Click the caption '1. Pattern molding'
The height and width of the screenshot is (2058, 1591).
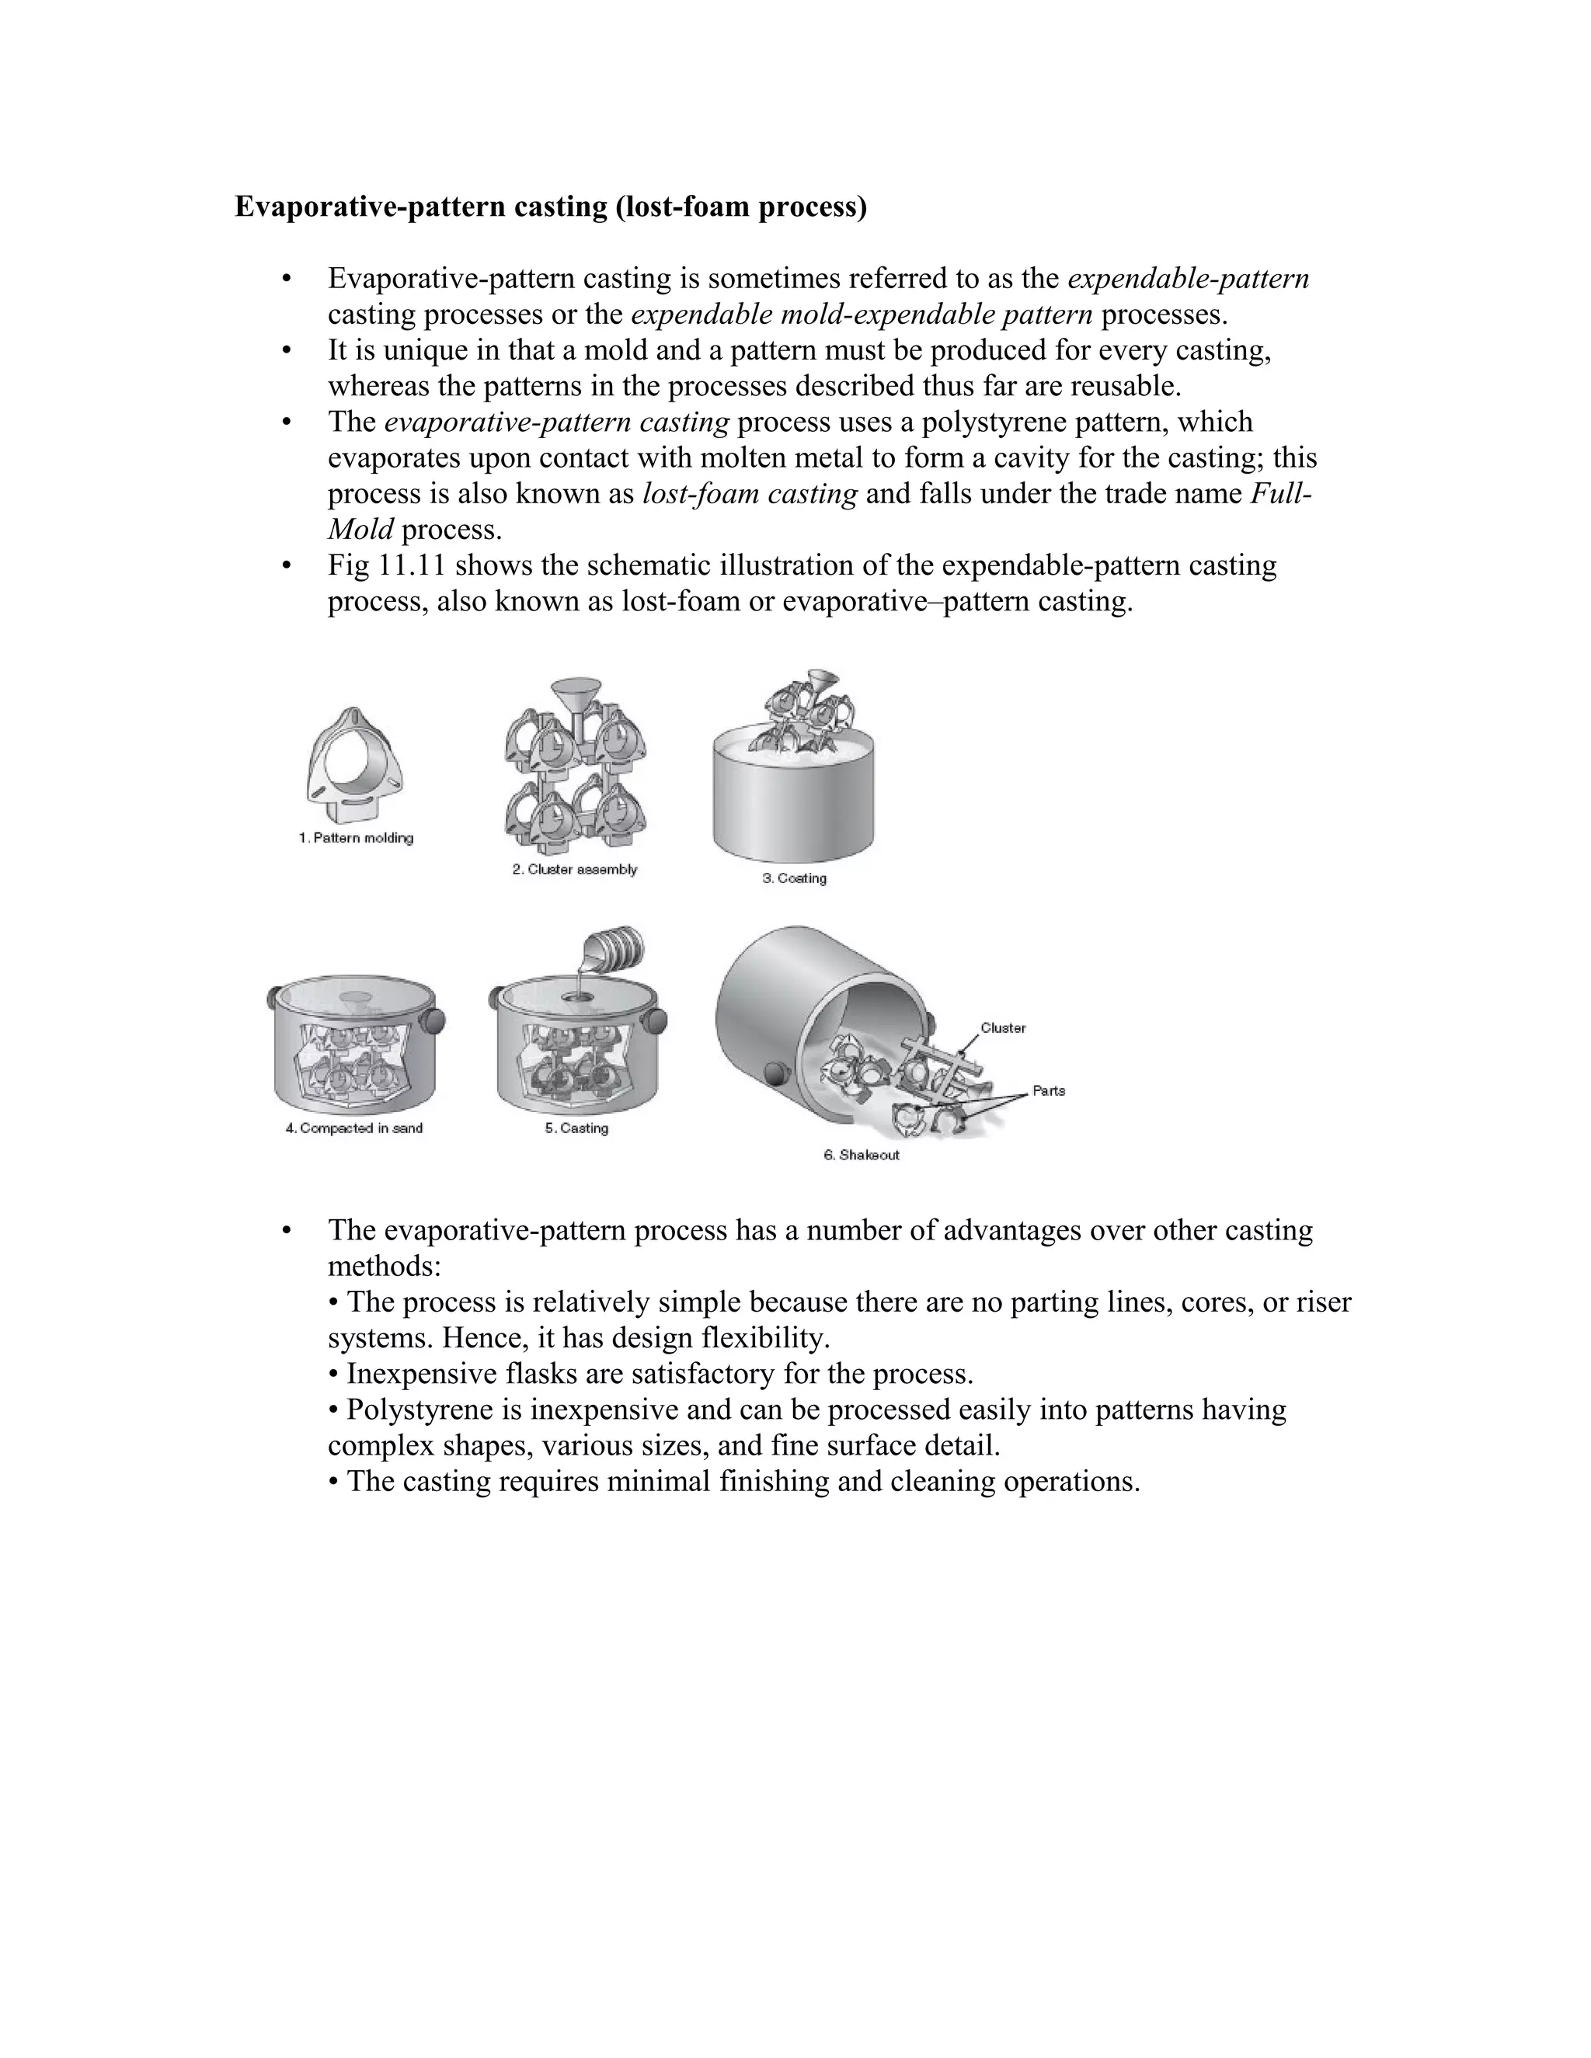tap(357, 838)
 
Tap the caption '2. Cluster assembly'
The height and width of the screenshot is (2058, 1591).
tap(575, 869)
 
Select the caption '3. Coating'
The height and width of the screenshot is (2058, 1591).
tap(795, 878)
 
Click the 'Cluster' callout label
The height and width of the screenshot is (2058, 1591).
tap(1003, 1028)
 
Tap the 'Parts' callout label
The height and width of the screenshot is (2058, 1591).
tap(1048, 1090)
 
